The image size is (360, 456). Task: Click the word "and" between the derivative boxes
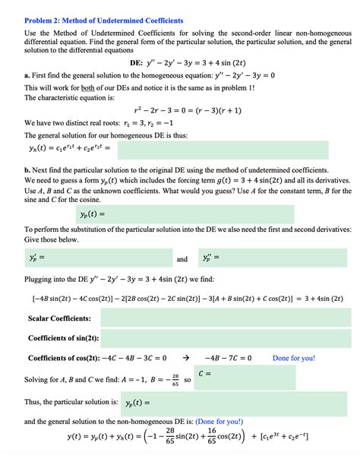click(x=182, y=259)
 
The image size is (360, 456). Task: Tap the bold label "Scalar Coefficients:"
click(x=59, y=318)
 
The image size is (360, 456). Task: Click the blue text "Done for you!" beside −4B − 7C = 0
click(x=293, y=357)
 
